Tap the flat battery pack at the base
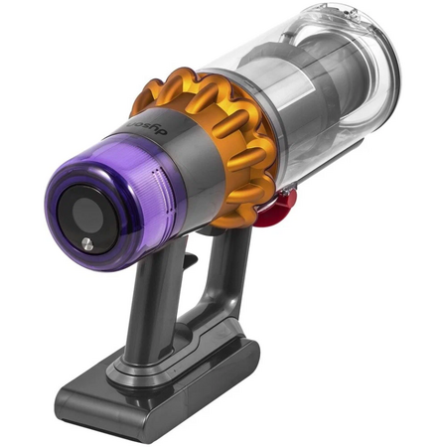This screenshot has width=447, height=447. point(159,382)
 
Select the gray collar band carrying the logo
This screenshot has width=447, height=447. point(169,159)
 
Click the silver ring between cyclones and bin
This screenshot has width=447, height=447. point(266,129)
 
